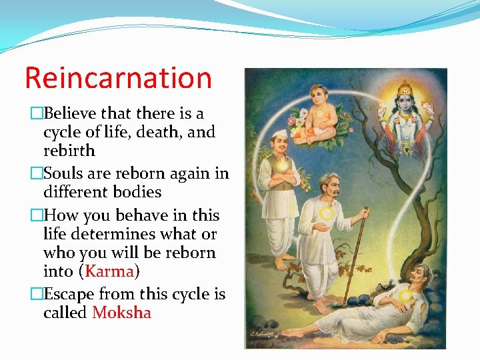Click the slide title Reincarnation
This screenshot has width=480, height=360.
118,77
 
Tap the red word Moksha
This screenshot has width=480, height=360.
122,313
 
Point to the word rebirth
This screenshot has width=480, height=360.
69,151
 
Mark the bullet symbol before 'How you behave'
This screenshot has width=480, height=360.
37,215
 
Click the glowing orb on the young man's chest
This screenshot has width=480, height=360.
283,164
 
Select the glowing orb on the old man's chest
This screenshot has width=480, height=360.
326,213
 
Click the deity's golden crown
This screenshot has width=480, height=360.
405,87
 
